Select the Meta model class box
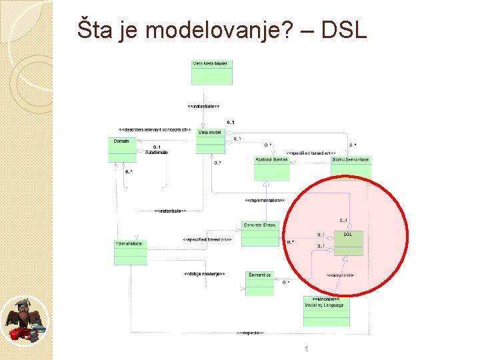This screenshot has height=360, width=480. coord(210,141)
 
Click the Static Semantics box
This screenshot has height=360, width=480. coord(351,167)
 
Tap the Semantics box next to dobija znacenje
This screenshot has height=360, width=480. coord(259,283)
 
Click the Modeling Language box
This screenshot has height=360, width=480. coord(326,311)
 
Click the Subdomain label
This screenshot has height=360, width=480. coord(157,153)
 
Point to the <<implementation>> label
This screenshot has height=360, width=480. coord(264,200)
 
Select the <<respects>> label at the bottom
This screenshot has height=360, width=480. coord(250,332)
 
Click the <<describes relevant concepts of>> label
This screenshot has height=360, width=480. coord(155,129)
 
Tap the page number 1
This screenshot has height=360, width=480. coord(306,349)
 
